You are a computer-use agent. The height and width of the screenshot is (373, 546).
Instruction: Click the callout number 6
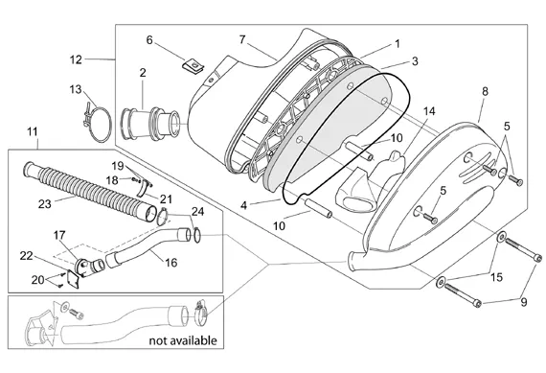149,40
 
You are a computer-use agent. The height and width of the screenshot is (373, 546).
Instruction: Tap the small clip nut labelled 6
193,66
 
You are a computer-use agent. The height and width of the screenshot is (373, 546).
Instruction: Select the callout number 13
76,89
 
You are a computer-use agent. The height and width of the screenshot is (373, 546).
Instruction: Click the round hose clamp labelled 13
98,124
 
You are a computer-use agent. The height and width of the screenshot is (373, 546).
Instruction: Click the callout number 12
76,60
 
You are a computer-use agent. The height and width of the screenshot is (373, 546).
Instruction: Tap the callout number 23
45,204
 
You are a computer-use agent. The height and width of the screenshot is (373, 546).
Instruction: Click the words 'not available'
183,340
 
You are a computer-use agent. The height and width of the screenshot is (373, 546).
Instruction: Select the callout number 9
524,302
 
